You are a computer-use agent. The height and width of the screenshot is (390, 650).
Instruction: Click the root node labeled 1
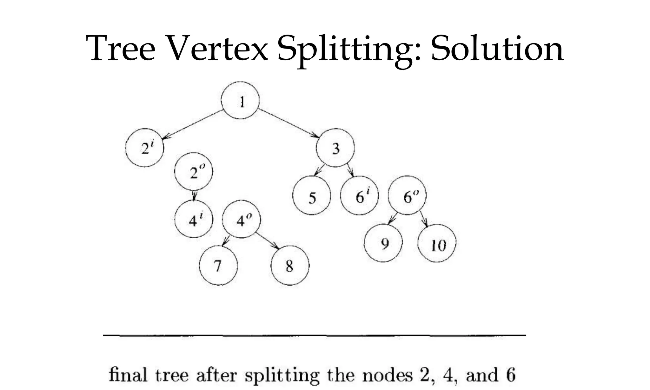pos(240,101)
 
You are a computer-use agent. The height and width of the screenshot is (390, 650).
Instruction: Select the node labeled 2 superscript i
pos(145,148)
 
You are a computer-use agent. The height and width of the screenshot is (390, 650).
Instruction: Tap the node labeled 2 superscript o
pos(194,172)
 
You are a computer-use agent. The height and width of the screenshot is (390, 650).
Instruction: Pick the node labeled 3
pos(335,148)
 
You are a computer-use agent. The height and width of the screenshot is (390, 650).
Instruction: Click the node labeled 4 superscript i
pos(194,219)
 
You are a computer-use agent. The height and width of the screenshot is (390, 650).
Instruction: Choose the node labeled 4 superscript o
pos(241,219)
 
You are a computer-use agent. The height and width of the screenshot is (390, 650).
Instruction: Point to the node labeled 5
pos(312,196)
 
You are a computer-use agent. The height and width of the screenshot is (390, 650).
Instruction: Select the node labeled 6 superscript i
pos(359,196)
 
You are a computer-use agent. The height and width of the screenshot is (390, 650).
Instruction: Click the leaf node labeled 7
pos(218,266)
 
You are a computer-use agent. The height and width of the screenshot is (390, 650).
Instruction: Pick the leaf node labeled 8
pos(290,266)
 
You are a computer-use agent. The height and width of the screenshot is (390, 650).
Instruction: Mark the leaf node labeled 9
pos(383,243)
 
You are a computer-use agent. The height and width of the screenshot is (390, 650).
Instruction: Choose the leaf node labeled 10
pos(437,244)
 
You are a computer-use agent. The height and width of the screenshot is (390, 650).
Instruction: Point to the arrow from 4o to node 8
pos(267,241)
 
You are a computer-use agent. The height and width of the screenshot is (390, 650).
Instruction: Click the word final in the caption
pos(128,375)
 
